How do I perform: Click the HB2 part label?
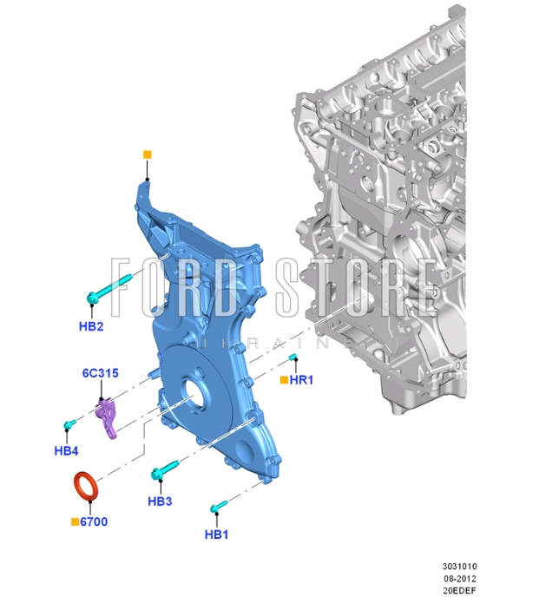point(91,326)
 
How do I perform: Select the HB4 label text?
point(66,451)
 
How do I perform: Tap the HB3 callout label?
point(160,501)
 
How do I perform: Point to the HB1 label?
point(216,535)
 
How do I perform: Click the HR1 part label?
point(301,379)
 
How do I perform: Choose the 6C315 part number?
point(101,373)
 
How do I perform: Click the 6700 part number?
point(94,522)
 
